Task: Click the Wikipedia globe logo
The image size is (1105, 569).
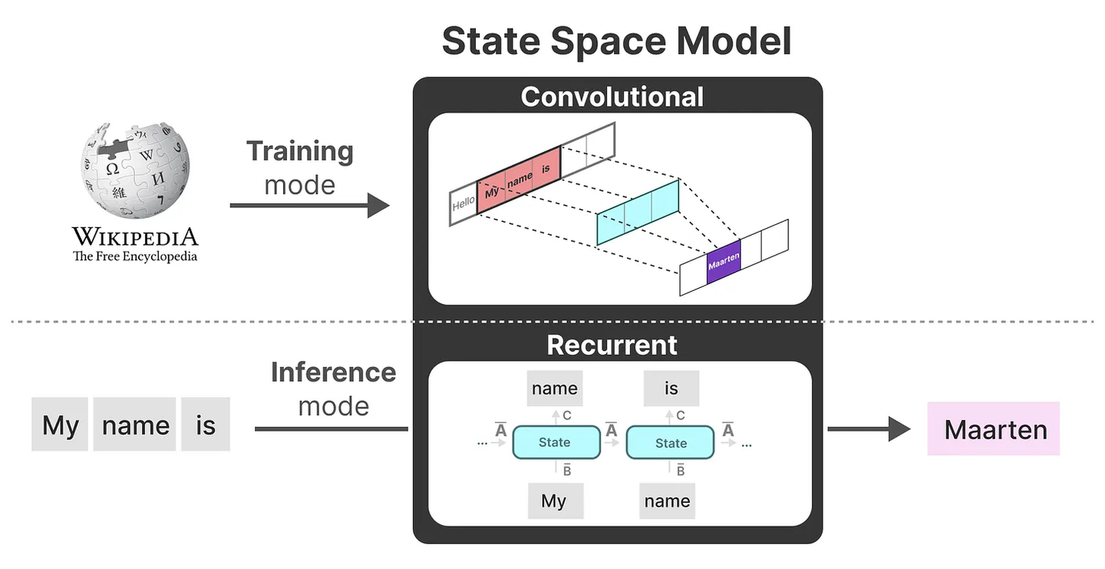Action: [135, 168]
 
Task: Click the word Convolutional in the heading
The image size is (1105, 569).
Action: [612, 97]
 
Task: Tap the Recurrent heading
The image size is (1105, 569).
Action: [612, 346]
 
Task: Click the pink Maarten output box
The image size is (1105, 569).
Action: [994, 428]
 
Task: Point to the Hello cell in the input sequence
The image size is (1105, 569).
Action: [463, 205]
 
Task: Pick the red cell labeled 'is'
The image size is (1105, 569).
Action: [546, 169]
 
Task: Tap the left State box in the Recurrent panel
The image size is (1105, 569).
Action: [555, 442]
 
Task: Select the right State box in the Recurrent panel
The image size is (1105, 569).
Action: [671, 442]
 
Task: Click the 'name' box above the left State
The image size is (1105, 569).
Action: [554, 389]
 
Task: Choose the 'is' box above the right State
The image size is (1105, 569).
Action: [671, 389]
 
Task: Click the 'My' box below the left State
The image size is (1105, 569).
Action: [554, 501]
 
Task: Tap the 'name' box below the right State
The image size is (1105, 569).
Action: [667, 501]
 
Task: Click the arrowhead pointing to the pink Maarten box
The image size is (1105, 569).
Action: [899, 428]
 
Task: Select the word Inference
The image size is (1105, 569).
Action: [333, 372]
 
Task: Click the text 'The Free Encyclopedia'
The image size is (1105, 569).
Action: [135, 256]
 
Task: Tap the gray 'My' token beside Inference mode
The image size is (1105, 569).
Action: [60, 425]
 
